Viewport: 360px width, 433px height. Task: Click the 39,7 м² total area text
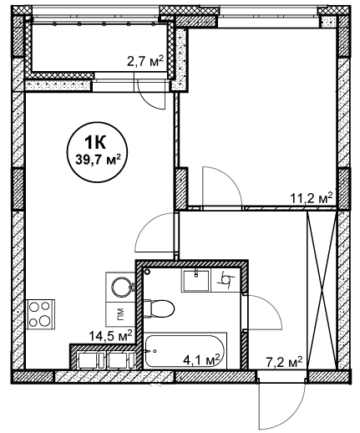[98, 160]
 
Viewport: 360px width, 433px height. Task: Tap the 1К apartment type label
[95, 143]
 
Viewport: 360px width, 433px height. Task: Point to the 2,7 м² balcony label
[145, 61]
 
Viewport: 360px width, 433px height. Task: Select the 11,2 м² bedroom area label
[312, 198]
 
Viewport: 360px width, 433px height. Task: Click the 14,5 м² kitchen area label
[110, 336]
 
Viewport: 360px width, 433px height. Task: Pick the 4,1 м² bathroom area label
[201, 360]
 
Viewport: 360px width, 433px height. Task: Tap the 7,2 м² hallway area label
[284, 362]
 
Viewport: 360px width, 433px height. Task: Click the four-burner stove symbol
[40, 314]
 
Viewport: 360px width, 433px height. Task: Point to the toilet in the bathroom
[159, 308]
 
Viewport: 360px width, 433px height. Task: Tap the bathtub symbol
[185, 351]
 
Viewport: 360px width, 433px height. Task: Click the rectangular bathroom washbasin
[196, 280]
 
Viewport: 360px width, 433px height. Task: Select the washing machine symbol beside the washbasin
[226, 280]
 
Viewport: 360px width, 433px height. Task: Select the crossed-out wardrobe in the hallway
[322, 291]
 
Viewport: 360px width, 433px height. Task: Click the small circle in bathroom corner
[147, 271]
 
